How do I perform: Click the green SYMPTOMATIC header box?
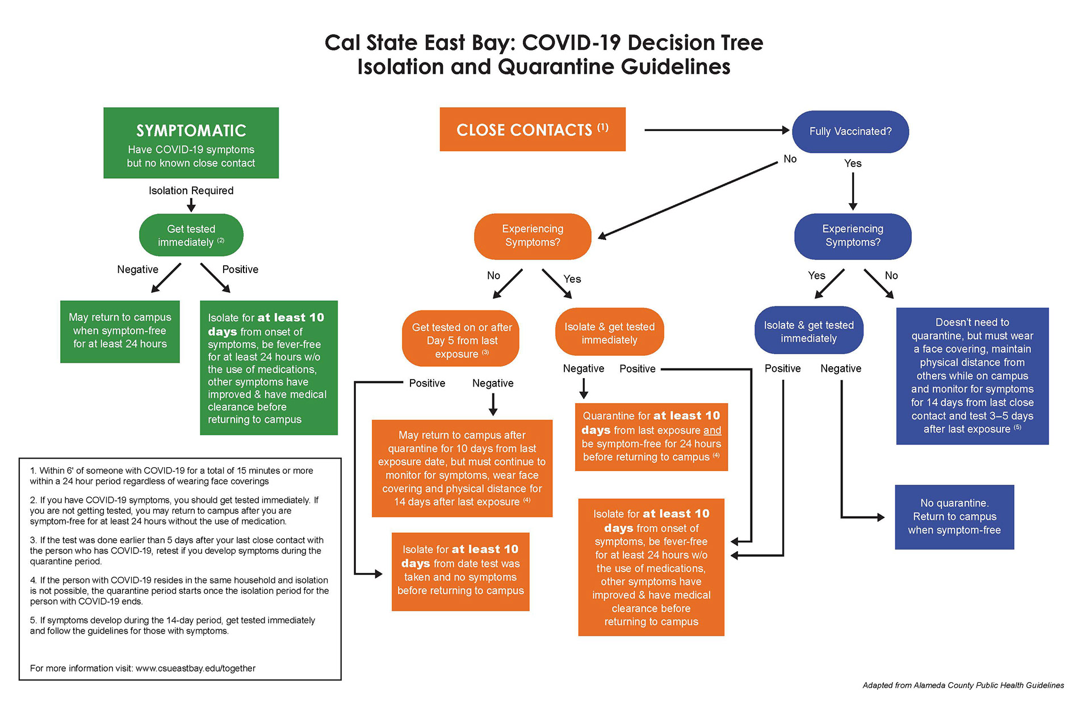(191, 142)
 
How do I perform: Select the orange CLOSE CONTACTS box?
(532, 129)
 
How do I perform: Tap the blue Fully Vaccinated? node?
(850, 132)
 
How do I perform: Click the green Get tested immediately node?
(191, 235)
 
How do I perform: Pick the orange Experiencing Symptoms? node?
(532, 236)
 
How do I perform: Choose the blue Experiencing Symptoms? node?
(852, 236)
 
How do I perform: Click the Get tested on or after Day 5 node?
(461, 340)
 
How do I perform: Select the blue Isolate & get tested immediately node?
(808, 331)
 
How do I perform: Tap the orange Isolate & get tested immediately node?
(609, 333)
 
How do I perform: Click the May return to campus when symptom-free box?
(120, 331)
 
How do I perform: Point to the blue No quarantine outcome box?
(954, 517)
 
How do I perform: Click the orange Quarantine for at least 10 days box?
(651, 437)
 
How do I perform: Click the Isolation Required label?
(191, 191)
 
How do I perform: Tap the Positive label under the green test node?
(240, 270)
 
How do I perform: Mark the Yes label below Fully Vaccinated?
(852, 163)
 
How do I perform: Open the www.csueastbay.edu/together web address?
(195, 668)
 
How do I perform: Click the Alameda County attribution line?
(963, 685)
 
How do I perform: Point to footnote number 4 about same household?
(179, 590)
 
